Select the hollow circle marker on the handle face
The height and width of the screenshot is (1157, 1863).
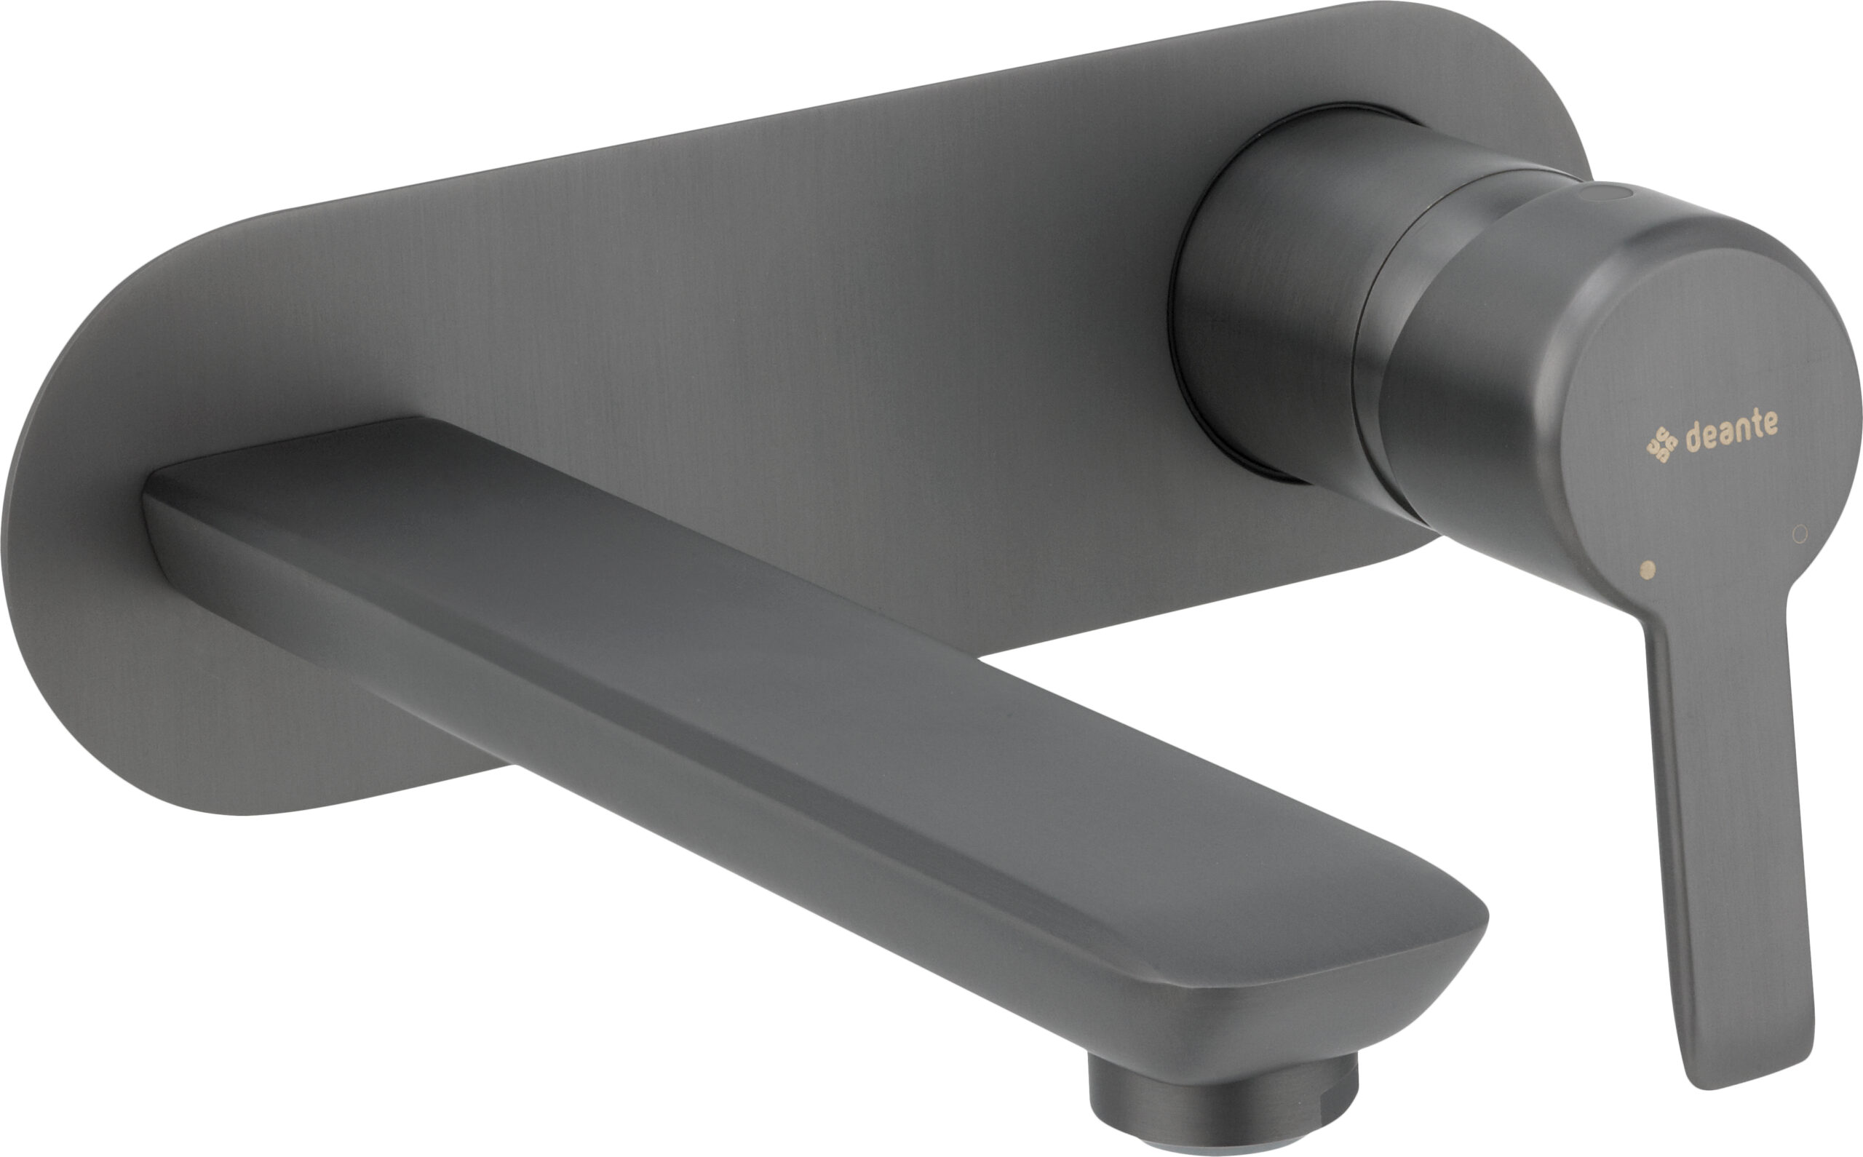(1800, 533)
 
